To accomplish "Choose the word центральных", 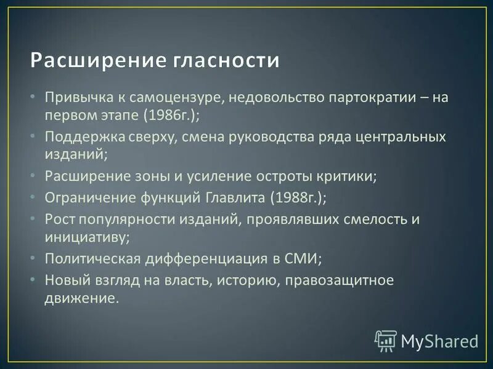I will point(399,137).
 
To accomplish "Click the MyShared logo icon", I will point(386,341).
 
